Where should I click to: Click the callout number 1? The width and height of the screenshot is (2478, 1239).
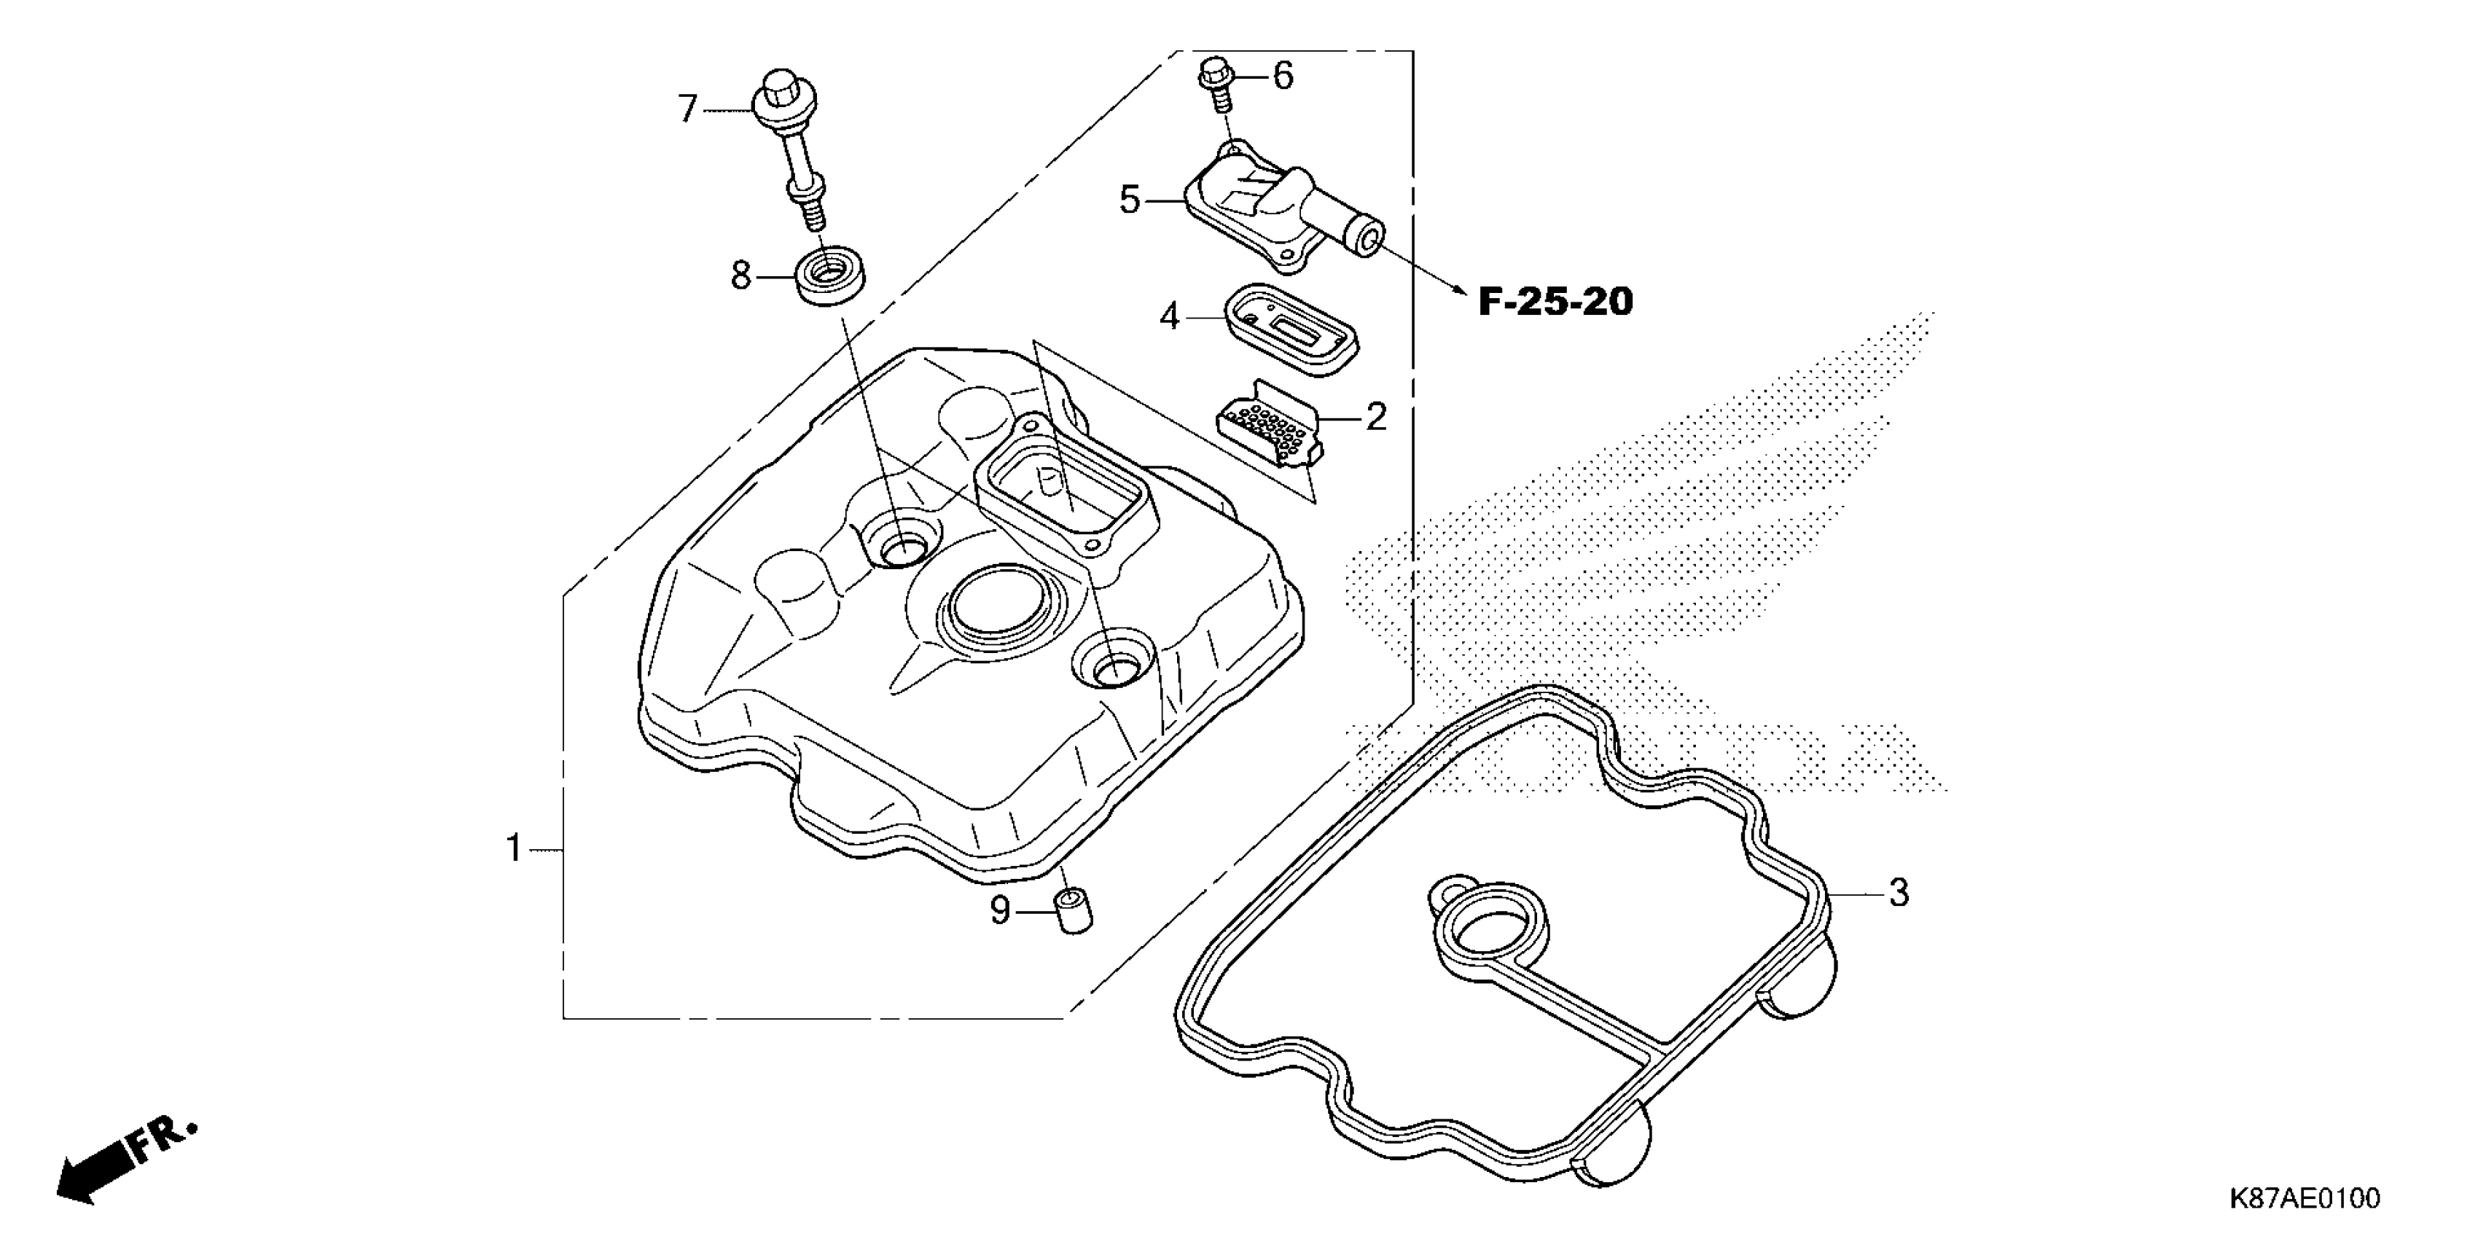[x=515, y=848]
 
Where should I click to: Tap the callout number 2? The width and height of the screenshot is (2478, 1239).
[x=1377, y=418]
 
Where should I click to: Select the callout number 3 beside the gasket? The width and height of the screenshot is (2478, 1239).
[x=1898, y=893]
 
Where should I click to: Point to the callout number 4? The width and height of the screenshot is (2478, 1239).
[x=1169, y=316]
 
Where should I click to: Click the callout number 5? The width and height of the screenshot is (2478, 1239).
[x=1130, y=200]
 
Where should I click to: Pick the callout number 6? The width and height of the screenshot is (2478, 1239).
[x=1283, y=75]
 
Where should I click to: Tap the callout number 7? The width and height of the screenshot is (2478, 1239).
[x=687, y=109]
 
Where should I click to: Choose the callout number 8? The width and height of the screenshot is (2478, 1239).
[x=740, y=276]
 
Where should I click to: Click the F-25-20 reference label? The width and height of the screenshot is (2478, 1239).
[x=1555, y=302]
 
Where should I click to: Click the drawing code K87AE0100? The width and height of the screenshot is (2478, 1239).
[x=2303, y=1199]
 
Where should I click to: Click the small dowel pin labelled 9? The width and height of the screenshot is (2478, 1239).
[x=1074, y=912]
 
